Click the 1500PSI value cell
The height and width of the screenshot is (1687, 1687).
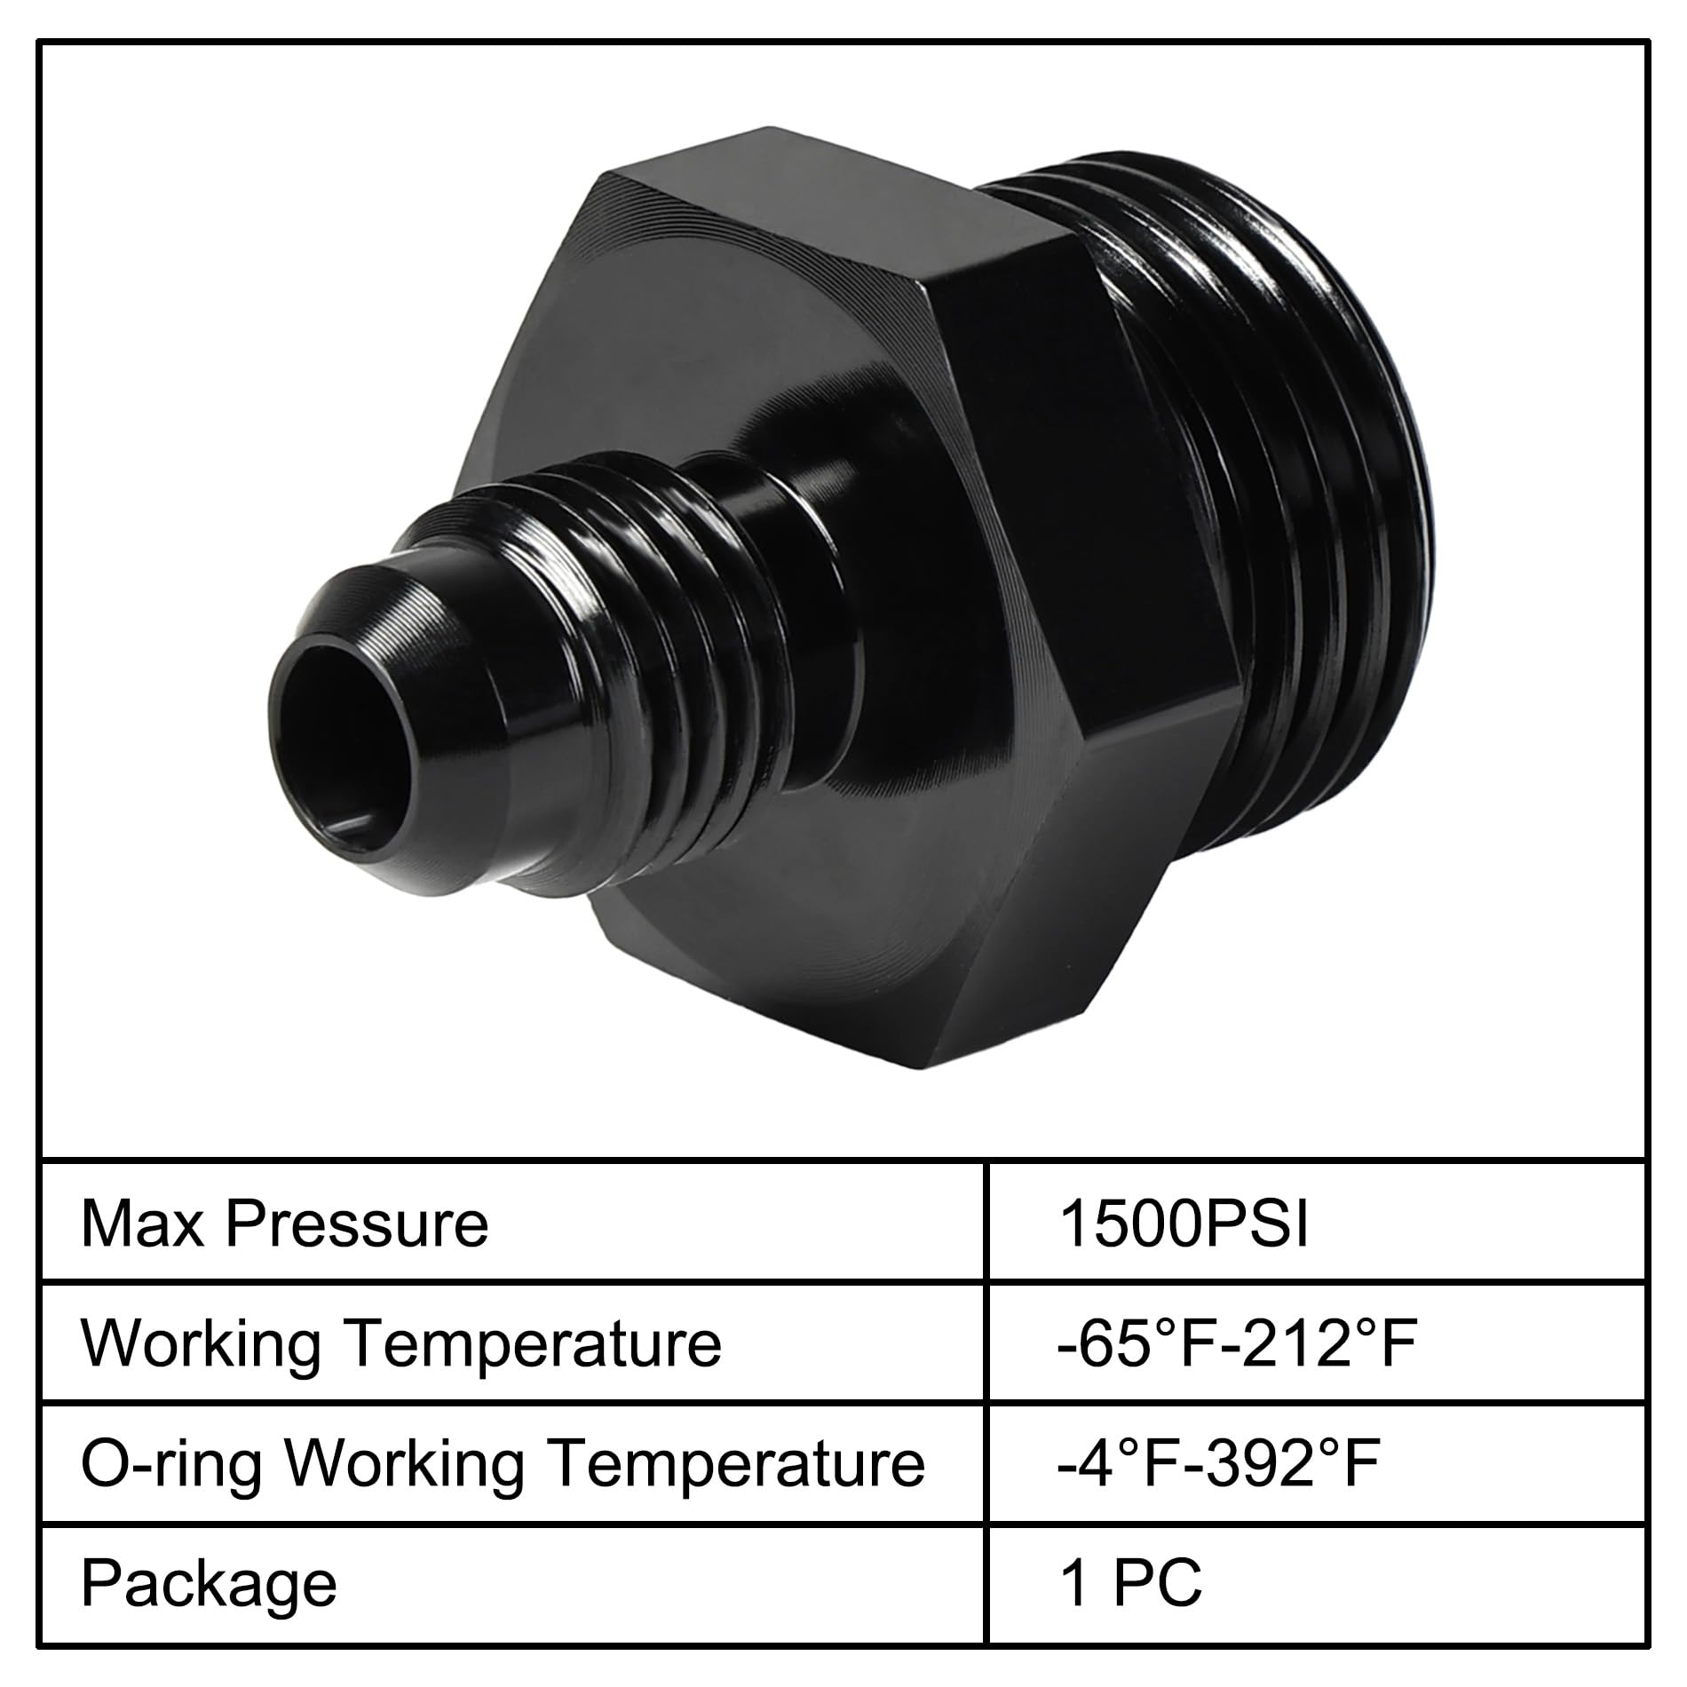tap(1184, 1225)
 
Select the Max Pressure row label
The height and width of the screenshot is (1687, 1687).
tap(284, 1225)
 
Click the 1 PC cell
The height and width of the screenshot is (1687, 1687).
tap(1131, 1581)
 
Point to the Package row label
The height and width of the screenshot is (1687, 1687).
tap(209, 1583)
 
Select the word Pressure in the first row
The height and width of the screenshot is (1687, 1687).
tap(357, 1225)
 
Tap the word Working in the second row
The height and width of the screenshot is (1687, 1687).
tap(202, 1345)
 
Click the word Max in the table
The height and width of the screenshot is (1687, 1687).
tap(143, 1225)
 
